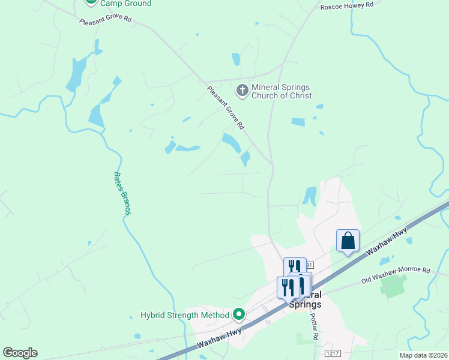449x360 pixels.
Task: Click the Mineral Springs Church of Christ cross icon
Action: tap(243, 91)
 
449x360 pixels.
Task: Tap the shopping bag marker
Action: tap(348, 241)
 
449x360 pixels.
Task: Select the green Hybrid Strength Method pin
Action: tap(239, 314)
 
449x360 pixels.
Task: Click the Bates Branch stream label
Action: tap(122, 193)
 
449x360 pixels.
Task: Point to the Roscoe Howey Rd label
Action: tap(347, 5)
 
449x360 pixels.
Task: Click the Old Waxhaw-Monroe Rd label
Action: tap(396, 275)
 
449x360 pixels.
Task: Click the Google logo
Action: tap(20, 353)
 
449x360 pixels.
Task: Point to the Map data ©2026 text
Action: tap(423, 355)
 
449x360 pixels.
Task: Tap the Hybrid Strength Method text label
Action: tap(185, 315)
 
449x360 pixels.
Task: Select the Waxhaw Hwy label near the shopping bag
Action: tap(393, 245)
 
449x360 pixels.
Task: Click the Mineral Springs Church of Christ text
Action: tap(282, 91)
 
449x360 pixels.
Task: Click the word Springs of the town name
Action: tap(305, 304)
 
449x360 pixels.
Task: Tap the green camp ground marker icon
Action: tap(91, 2)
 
